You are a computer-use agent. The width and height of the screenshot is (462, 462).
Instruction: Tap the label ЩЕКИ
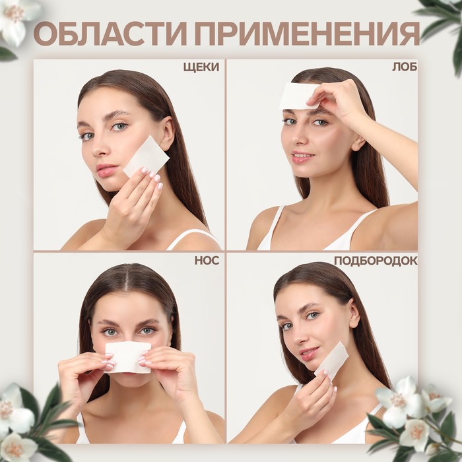[201, 67]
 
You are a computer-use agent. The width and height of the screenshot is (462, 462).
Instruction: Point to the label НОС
[207, 260]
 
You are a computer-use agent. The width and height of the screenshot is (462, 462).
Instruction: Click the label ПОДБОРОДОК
[375, 260]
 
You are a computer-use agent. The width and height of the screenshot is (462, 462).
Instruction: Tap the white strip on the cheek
[147, 156]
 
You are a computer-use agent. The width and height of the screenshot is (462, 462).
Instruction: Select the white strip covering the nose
[127, 357]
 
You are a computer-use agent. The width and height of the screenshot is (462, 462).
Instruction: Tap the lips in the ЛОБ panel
[302, 158]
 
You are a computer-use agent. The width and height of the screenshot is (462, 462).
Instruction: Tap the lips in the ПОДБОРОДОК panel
[308, 354]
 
